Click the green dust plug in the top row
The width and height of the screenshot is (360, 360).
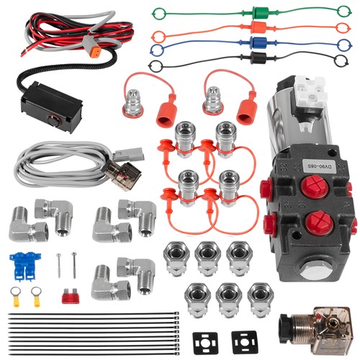[x=257, y=12]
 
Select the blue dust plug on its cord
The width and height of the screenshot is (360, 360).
[x=256, y=42]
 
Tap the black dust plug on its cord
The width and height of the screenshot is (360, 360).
[x=256, y=58]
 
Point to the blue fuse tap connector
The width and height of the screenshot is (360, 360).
[x=25, y=266]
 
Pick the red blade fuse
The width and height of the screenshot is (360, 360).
[x=71, y=296]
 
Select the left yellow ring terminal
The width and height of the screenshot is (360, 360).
[x=15, y=297]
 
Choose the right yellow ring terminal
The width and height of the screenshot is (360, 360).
[x=36, y=297]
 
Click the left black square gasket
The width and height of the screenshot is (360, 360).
[x=205, y=343]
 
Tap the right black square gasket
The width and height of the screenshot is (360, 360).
[x=244, y=343]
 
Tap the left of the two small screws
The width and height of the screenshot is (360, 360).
[x=58, y=266]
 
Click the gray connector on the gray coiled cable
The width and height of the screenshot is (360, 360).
[x=128, y=153]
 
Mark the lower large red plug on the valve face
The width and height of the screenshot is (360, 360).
[x=319, y=222]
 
